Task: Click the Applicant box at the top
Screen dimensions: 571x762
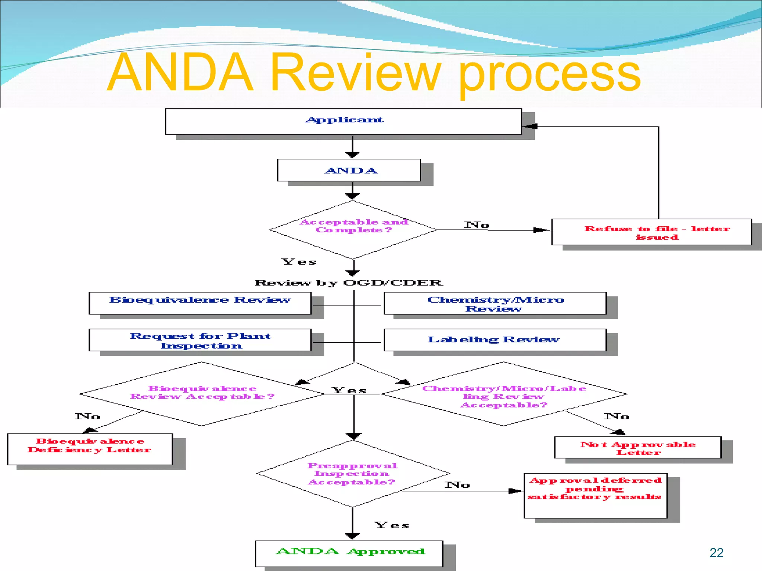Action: [343, 121]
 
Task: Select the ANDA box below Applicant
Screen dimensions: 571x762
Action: [349, 170]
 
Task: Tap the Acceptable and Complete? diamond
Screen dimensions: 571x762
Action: [353, 229]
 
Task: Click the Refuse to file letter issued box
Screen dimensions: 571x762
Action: [651, 232]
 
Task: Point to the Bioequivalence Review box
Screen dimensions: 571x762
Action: [200, 303]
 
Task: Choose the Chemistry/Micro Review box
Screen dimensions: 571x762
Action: [495, 303]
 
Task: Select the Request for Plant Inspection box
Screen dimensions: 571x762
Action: [200, 340]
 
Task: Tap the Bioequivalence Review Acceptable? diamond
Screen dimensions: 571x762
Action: [202, 393]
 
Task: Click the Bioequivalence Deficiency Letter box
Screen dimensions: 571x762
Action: [90, 448]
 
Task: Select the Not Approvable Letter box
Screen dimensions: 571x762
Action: [637, 447]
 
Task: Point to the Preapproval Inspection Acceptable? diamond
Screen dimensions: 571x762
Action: [352, 473]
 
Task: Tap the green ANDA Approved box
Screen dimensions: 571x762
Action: [349, 553]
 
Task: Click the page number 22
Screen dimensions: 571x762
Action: [716, 553]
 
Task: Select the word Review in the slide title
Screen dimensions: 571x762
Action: [355, 72]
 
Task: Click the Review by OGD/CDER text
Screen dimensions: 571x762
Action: [349, 283]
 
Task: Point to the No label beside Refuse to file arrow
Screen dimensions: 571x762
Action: [476, 225]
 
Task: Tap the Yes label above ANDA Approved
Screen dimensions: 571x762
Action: [391, 525]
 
